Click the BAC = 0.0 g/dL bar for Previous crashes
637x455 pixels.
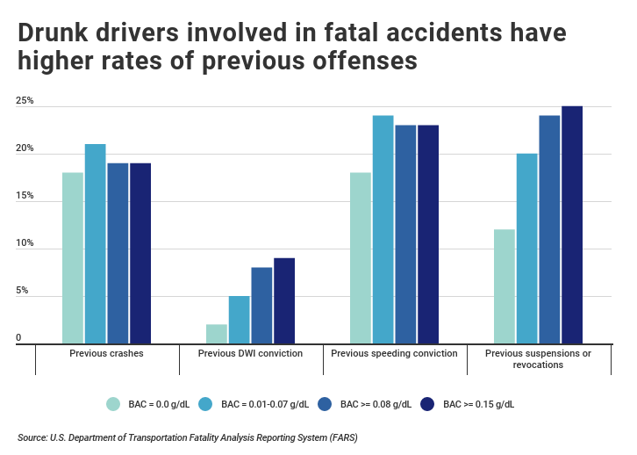[x=73, y=257]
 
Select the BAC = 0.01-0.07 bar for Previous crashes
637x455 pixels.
[x=95, y=243]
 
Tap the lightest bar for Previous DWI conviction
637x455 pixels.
[x=217, y=334]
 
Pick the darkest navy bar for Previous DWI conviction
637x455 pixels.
[x=283, y=300]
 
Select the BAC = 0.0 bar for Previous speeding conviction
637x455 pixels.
[x=361, y=257]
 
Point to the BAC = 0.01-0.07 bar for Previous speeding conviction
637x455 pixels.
[x=383, y=229]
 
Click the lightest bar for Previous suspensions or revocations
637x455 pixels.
[x=504, y=286]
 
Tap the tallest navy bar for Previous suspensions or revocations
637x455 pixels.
[x=571, y=225]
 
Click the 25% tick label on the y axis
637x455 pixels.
[x=25, y=102]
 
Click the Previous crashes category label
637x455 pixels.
[x=106, y=353]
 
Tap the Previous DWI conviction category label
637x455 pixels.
[x=250, y=353]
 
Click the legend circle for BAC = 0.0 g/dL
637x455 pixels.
[x=112, y=404]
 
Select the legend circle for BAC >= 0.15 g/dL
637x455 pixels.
[x=428, y=404]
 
